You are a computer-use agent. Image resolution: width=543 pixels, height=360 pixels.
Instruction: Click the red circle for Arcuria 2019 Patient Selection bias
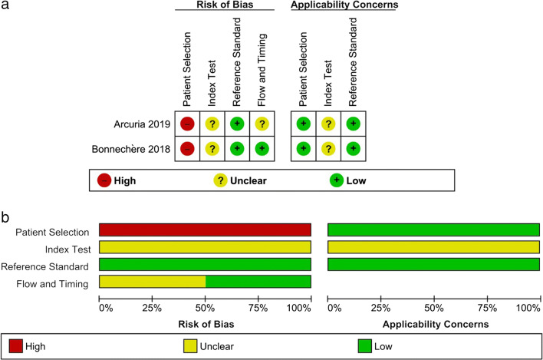pyautogui.click(x=186, y=123)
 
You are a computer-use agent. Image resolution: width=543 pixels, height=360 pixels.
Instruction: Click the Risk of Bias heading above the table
pyautogui.click(x=223, y=5)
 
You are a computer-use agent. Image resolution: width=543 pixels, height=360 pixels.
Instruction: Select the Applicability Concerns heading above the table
pyautogui.click(x=345, y=5)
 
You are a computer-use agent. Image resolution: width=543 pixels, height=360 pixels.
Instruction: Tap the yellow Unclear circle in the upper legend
pyautogui.click(x=220, y=180)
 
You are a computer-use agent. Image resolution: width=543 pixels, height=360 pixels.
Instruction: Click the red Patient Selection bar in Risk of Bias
pyautogui.click(x=205, y=230)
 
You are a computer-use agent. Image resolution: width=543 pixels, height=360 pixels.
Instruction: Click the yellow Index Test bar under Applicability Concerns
pyautogui.click(x=433, y=247)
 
